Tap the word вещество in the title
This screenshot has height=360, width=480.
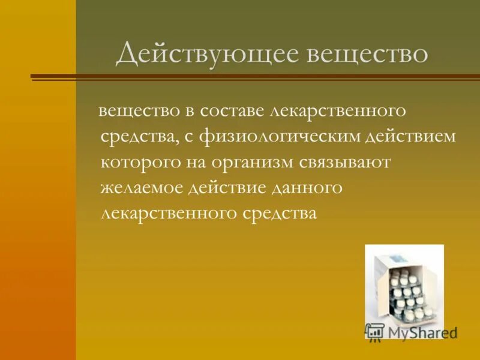click(368, 53)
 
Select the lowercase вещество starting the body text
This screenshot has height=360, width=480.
click(138, 111)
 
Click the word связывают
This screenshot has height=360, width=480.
click(358, 163)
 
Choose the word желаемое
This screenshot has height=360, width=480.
click(142, 188)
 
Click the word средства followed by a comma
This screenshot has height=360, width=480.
click(140, 137)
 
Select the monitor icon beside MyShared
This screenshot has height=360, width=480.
click(375, 331)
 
